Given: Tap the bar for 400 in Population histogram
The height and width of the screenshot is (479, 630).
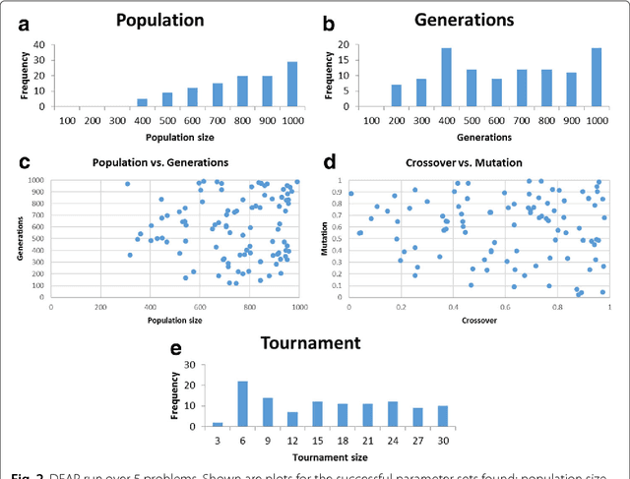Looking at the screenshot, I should click(142, 101).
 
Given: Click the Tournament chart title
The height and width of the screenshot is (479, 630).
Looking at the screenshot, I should click(312, 343).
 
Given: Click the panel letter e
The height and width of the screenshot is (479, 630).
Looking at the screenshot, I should click(175, 348).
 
